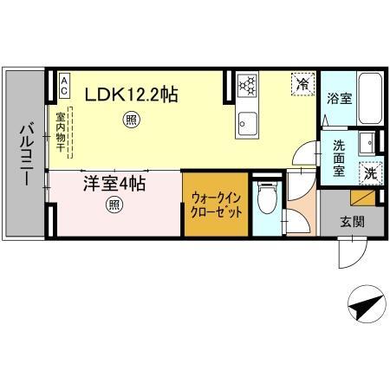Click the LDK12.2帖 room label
pos(131,93)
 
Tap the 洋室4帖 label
pos(114,184)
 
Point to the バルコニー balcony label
pos(23,154)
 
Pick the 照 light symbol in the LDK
pos(131,120)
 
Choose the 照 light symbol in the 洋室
pos(114,205)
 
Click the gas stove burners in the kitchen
pos(248,85)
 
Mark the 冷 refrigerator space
pos(302,84)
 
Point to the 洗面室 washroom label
pos(339,159)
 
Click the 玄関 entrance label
pos(353,221)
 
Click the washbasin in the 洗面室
pos(367,140)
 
